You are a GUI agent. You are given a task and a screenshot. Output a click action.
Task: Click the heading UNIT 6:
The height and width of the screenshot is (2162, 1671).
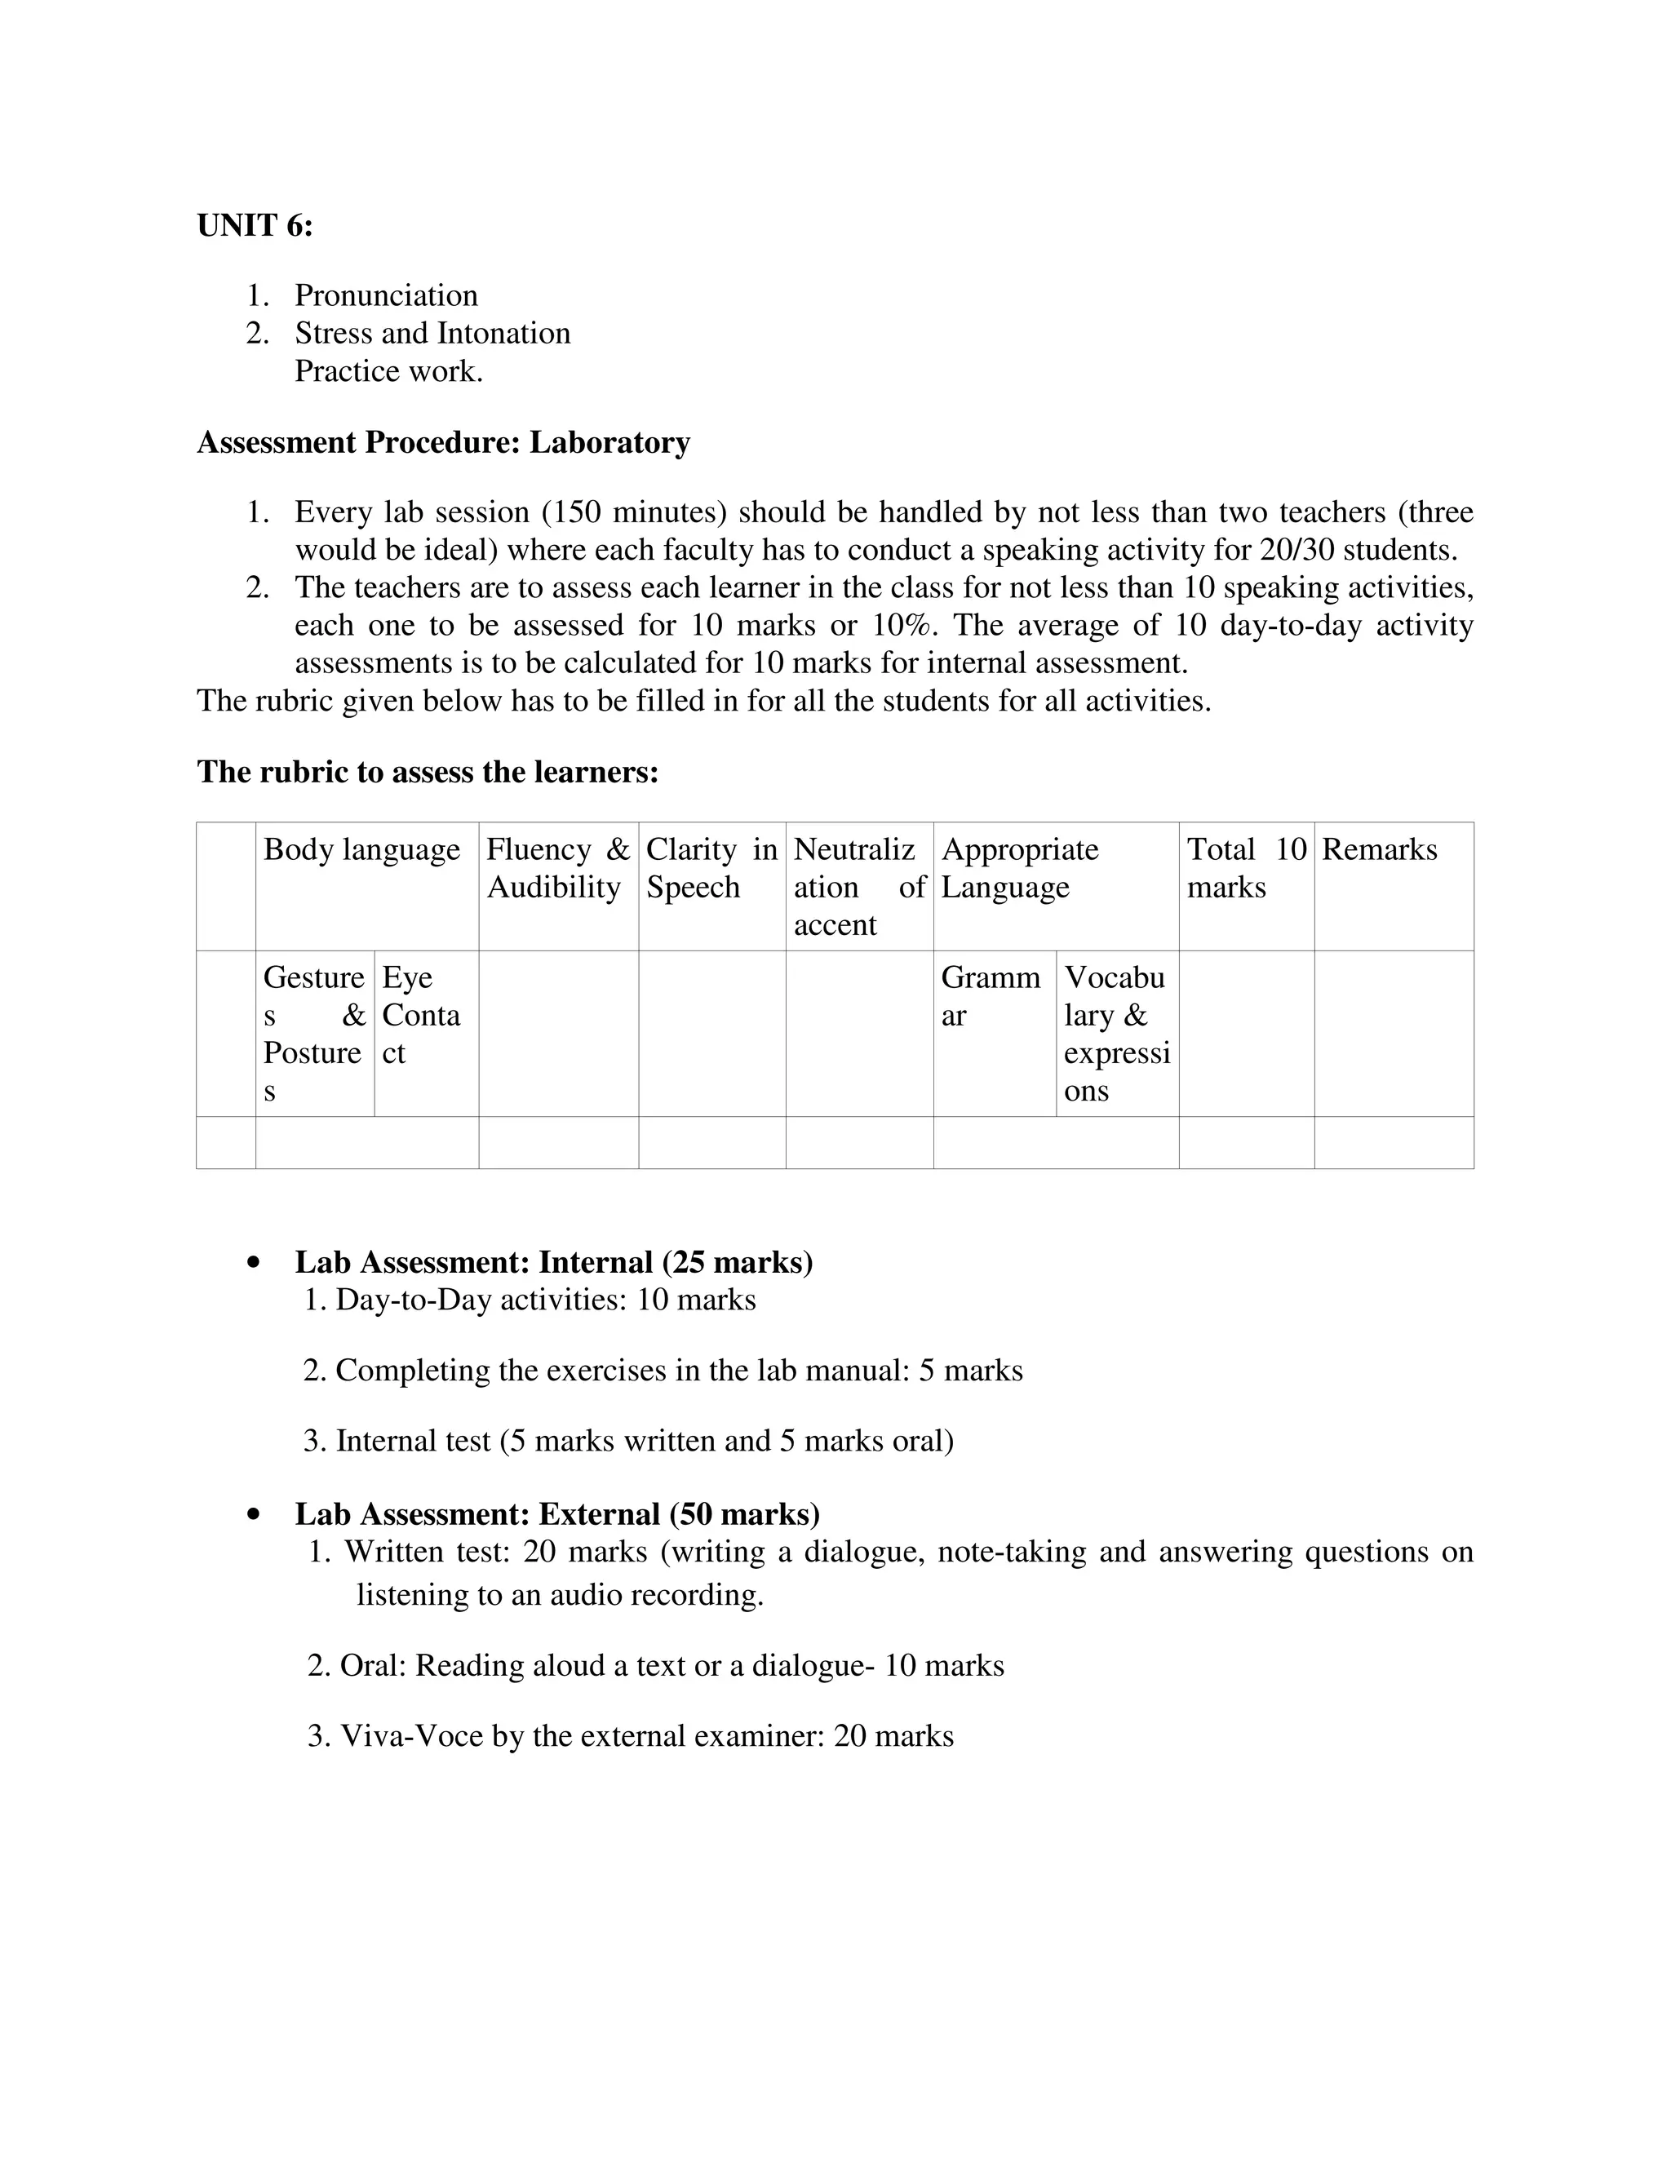tap(255, 226)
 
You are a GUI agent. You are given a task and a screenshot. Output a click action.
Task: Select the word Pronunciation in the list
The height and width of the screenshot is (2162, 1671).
tap(386, 295)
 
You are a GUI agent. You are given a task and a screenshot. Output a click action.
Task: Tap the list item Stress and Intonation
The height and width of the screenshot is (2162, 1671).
tap(432, 333)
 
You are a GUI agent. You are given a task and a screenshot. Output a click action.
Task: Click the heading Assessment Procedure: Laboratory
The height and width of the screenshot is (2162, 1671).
tap(444, 441)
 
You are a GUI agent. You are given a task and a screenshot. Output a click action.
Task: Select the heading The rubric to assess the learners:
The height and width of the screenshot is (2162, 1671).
tap(428, 771)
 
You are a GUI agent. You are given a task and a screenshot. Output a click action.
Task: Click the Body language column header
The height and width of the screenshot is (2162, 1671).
tap(361, 849)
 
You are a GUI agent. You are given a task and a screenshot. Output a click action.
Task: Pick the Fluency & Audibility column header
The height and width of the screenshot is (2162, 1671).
tap(557, 868)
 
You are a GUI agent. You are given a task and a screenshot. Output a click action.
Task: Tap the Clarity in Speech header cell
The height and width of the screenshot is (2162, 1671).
tap(711, 868)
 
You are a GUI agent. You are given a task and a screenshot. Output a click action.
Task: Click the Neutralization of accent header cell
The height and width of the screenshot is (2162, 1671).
tap(858, 887)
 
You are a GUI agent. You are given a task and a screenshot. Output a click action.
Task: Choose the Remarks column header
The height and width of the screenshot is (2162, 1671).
tap(1379, 849)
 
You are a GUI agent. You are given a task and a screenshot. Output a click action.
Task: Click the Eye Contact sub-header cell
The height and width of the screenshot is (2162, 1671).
tap(421, 1015)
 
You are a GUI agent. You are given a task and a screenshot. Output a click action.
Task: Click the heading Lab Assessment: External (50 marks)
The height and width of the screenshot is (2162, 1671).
tap(557, 1513)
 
